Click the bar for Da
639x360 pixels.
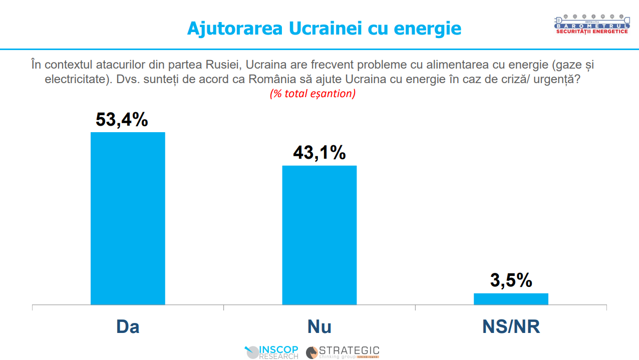click(128, 218)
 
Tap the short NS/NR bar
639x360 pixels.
click(511, 298)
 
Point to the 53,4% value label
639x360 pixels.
click(122, 120)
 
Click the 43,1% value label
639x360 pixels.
click(319, 153)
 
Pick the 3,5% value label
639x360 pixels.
click(511, 281)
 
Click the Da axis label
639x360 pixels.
click(128, 326)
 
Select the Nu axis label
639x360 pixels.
click(319, 326)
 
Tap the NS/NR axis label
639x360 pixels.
click(511, 326)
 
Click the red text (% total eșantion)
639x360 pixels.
click(312, 94)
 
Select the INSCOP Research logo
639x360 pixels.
click(271, 352)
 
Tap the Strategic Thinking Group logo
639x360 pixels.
click(343, 352)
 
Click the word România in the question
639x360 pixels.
click(271, 79)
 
